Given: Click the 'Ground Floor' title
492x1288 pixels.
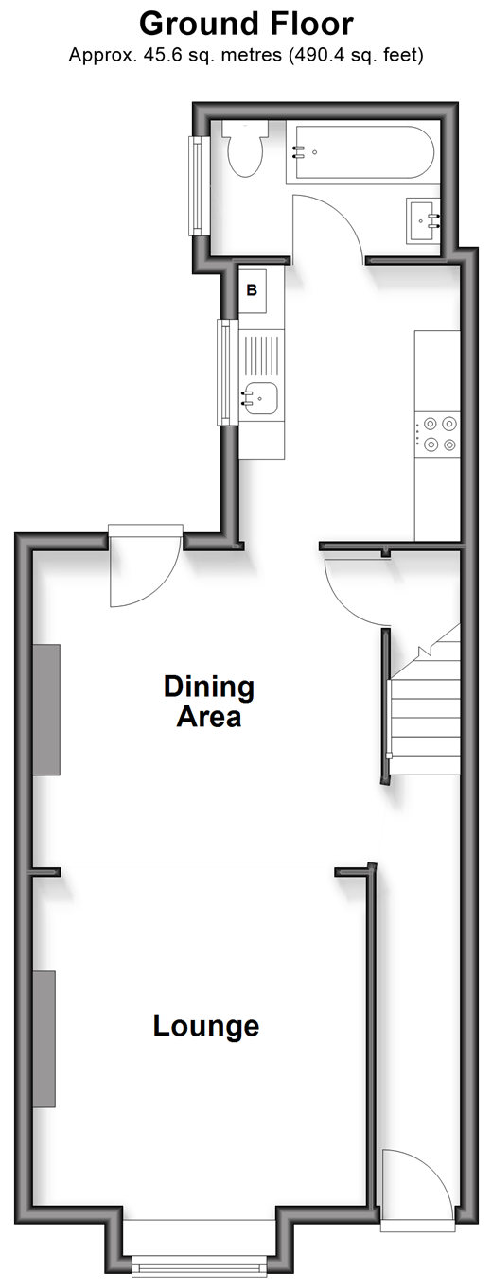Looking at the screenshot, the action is tap(246, 25).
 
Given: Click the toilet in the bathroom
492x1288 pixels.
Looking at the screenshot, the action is tap(246, 148).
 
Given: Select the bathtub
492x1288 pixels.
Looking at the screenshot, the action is tap(360, 152).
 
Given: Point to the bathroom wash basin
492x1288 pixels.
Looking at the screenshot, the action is tap(424, 220).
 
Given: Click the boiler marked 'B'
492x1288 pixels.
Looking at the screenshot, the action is tap(252, 290).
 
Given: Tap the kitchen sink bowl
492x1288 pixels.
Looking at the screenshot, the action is tap(259, 398).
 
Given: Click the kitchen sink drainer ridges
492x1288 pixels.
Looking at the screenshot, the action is tap(262, 356).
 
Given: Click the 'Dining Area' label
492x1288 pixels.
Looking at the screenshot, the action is tap(209, 702).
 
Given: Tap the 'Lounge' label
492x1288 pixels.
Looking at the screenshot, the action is tap(206, 1026).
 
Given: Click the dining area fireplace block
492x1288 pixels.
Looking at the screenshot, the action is tap(46, 709).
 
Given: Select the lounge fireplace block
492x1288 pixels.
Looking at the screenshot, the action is tap(44, 1039).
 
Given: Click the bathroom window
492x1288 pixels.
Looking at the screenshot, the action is tap(197, 185).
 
